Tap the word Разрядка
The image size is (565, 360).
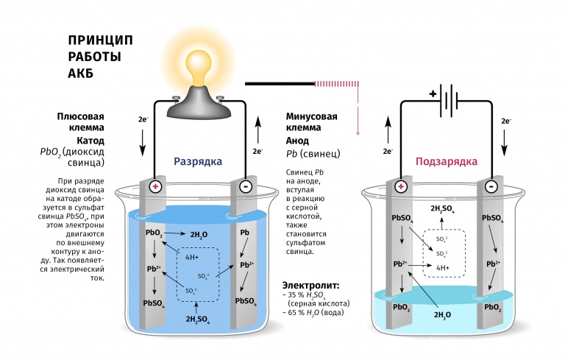tap(197, 161)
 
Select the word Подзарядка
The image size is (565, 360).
tap(446, 161)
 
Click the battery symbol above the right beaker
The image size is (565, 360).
tap(445, 100)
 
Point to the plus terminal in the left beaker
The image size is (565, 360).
tap(155, 187)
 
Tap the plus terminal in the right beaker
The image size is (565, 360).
tap(401, 187)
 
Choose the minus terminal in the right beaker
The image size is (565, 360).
tap(491, 187)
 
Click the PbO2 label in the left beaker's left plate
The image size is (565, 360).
tap(154, 233)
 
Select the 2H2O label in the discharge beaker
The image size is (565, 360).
tap(199, 234)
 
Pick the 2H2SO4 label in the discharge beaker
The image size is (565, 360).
tap(199, 319)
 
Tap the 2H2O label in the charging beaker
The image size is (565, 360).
tap(443, 315)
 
